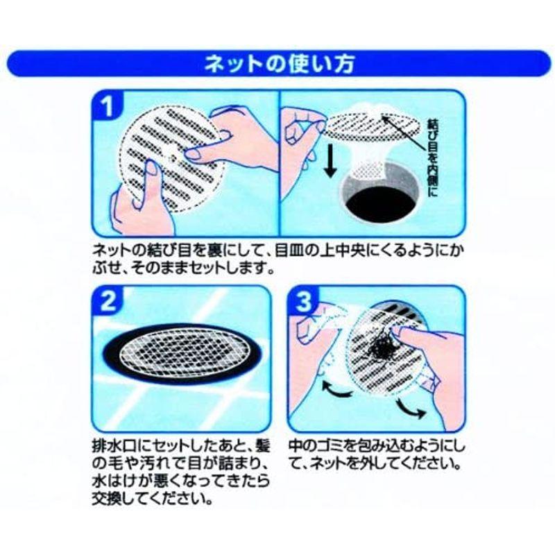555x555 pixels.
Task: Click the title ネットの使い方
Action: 280,64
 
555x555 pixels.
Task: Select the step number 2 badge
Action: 108,301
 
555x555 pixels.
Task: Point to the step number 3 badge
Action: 303,301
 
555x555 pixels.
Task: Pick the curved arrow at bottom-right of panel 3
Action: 411,408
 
